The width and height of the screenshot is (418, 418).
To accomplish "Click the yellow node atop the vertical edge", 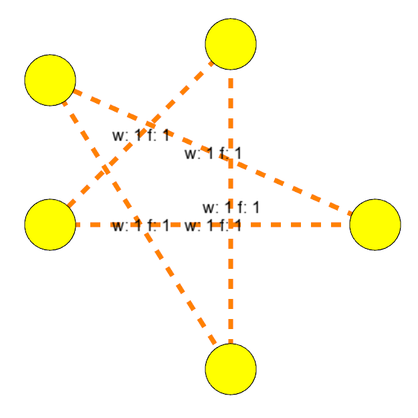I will point(231,44).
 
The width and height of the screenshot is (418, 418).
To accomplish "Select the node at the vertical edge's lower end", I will point(231,369).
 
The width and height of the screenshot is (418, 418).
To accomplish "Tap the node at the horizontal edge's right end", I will point(375,225).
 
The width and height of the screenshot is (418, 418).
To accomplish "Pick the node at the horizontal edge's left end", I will point(50,225).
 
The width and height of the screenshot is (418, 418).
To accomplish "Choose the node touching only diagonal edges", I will point(50,80).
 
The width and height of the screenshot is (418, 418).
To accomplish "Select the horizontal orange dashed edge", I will point(301,225).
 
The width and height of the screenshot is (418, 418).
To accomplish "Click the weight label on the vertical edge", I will point(231,207).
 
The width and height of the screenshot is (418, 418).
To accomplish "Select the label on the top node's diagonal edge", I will point(140,135).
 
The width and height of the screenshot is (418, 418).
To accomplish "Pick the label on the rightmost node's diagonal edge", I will point(213,154).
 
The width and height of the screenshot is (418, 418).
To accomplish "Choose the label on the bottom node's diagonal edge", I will point(140,225).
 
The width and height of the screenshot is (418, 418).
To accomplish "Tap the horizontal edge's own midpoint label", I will point(213,225).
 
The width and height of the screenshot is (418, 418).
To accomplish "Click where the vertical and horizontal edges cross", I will point(231,225).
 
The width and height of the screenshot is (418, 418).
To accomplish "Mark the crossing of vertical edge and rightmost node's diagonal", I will point(231,161).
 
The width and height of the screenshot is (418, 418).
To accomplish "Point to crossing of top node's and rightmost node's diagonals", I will point(150,125).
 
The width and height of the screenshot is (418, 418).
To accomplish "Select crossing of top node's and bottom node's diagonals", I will point(106,169).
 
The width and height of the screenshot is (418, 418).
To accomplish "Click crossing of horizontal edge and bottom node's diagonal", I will point(140,225).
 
